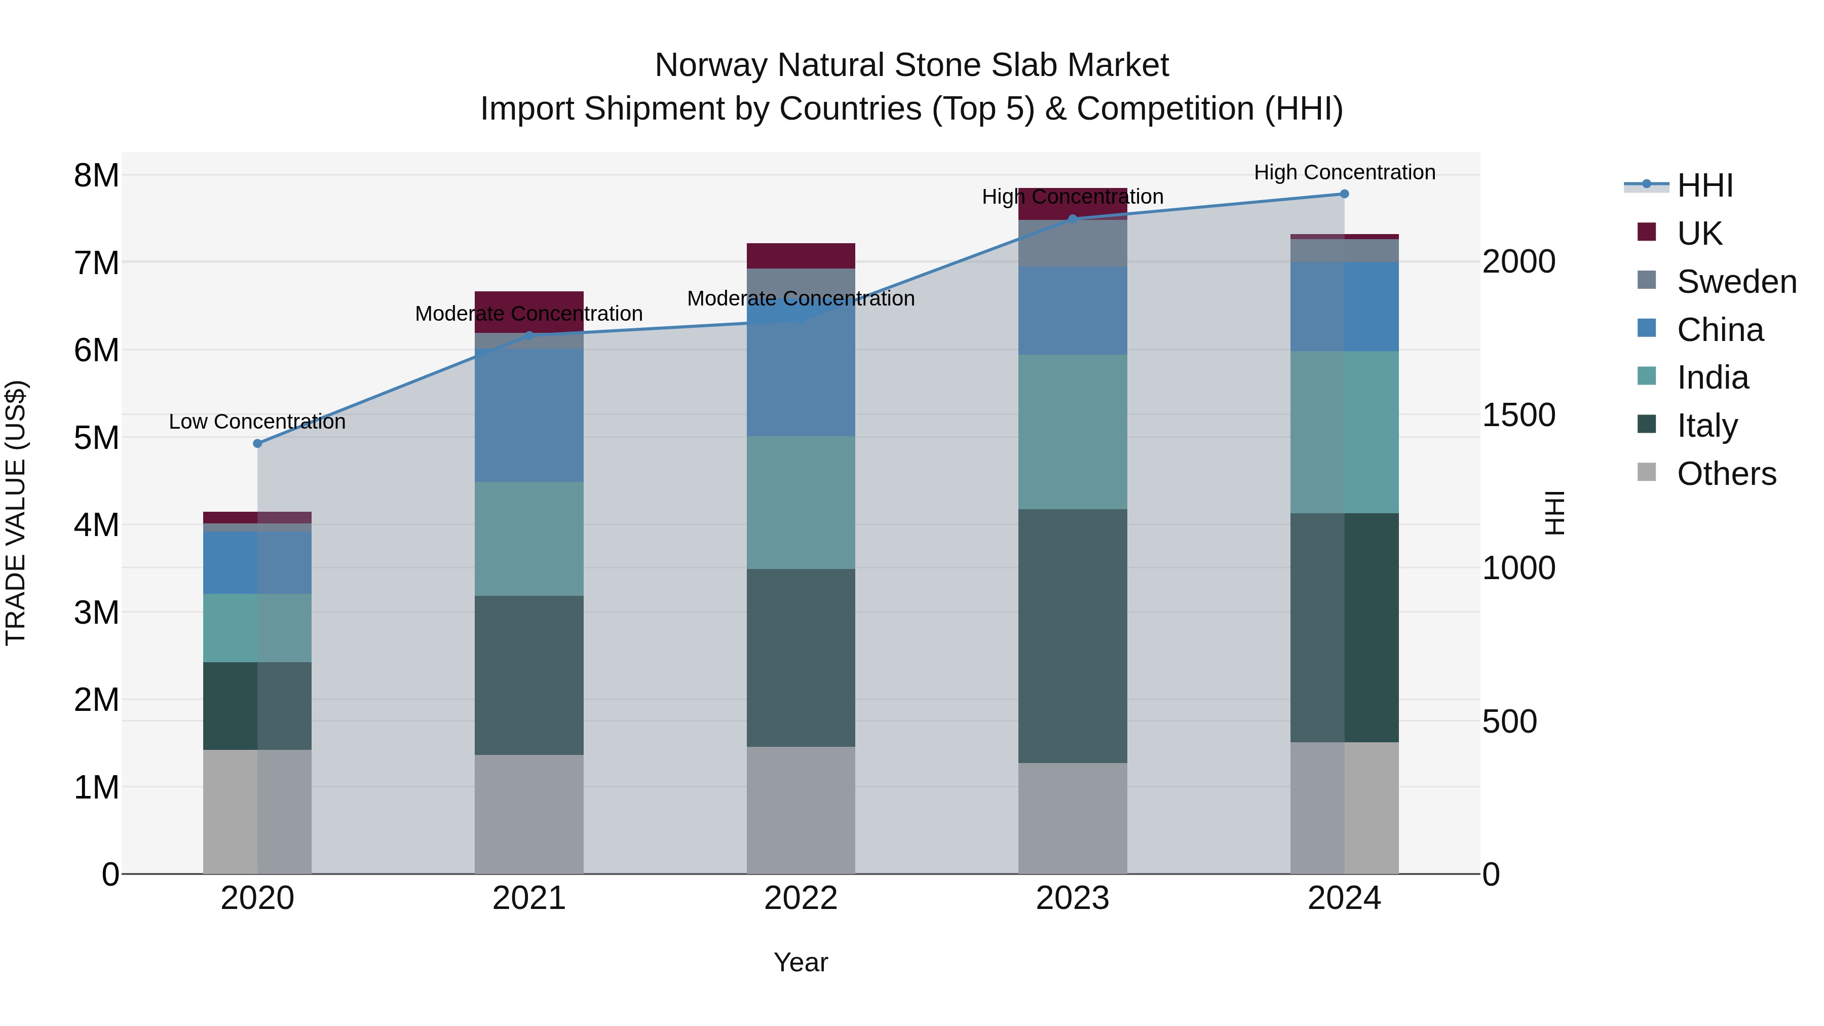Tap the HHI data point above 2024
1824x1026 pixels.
tap(1344, 194)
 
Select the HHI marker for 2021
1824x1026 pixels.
tap(529, 335)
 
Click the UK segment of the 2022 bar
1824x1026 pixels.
tap(801, 256)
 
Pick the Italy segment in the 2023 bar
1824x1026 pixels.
tap(1072, 635)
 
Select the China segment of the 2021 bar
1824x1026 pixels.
tap(529, 415)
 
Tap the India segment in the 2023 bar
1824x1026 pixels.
tap(1072, 431)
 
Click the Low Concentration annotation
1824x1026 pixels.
tap(257, 422)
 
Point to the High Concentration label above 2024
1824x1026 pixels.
tap(1344, 173)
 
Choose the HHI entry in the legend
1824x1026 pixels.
tap(1704, 185)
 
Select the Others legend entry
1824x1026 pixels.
tap(1726, 474)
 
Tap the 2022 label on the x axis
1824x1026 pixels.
tap(801, 898)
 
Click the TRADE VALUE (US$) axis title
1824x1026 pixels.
tap(16, 513)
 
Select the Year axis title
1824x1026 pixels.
tap(801, 962)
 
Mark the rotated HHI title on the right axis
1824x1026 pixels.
tap(1554, 513)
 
